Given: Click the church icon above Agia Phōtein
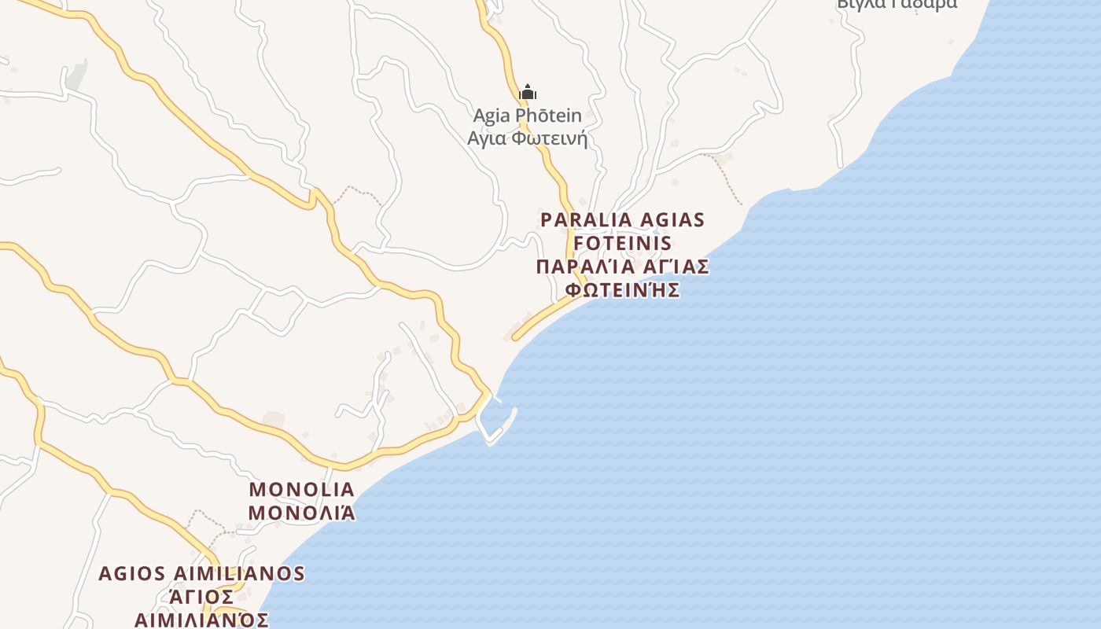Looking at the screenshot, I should click(528, 92).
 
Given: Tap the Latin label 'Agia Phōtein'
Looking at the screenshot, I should click(527, 116).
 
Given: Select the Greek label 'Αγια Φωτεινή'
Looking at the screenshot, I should click(527, 139).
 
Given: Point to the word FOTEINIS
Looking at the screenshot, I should click(623, 243).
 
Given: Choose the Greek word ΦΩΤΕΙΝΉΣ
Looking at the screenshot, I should click(623, 289).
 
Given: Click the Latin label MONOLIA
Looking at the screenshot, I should click(302, 489).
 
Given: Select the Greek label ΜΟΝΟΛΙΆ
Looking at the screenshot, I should click(302, 513).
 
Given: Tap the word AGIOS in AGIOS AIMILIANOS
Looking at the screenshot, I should click(129, 573).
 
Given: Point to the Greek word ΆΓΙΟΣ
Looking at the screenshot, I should click(201, 596).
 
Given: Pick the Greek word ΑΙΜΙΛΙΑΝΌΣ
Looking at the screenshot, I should click(201, 619).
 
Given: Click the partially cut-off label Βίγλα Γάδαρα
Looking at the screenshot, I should click(897, 4).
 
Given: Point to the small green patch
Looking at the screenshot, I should click(76, 76).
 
